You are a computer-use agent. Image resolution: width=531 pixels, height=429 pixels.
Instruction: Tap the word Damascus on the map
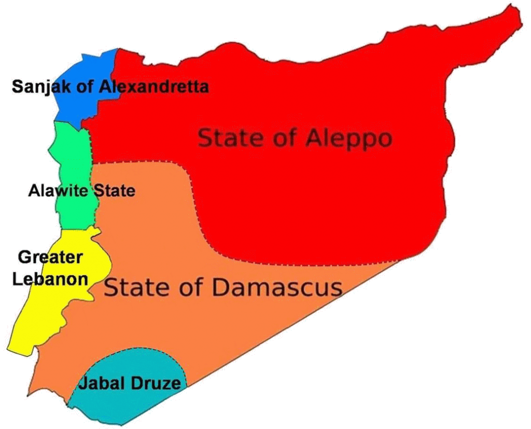[x=277, y=287]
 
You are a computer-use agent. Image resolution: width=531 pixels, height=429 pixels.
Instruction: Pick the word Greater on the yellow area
[x=50, y=257]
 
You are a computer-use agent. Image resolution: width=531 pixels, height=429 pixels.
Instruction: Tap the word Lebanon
[x=50, y=279]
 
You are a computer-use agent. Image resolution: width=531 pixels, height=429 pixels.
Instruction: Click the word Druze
[x=154, y=384]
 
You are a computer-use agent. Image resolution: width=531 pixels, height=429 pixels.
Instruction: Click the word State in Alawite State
[x=114, y=191]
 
